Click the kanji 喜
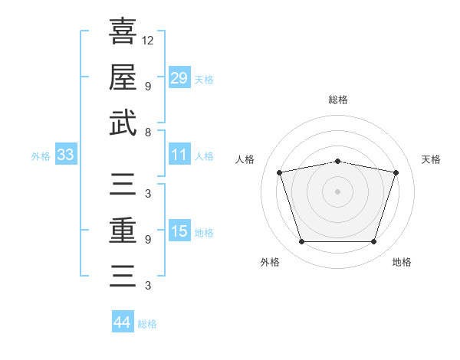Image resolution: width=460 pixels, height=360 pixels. [x=123, y=31]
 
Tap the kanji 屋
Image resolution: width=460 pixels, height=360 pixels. [x=123, y=77]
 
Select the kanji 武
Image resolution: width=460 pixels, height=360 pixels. [x=123, y=123]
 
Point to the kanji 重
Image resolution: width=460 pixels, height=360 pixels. [x=123, y=229]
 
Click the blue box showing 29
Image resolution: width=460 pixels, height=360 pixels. [x=179, y=78]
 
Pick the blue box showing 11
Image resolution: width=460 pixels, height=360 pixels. [x=179, y=155]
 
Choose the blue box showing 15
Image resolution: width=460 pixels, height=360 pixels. [x=179, y=232]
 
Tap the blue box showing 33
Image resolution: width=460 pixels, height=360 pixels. [x=65, y=155]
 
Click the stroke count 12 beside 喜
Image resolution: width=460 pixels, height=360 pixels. [x=148, y=40]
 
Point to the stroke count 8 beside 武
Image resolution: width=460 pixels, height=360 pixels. [x=147, y=132]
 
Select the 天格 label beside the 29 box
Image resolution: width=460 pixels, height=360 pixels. [x=204, y=79]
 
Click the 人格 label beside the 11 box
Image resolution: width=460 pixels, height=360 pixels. [x=204, y=156]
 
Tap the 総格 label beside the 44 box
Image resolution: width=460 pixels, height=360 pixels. [x=147, y=324]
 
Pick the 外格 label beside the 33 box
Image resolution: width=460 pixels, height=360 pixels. [x=41, y=156]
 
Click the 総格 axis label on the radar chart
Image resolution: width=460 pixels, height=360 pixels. [x=338, y=100]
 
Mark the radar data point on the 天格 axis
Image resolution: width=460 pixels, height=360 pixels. [x=396, y=172]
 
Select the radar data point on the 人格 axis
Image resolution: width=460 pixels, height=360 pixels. [x=280, y=172]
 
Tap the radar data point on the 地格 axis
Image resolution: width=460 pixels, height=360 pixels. [x=373, y=242]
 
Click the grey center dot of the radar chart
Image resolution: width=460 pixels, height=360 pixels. [x=338, y=191]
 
